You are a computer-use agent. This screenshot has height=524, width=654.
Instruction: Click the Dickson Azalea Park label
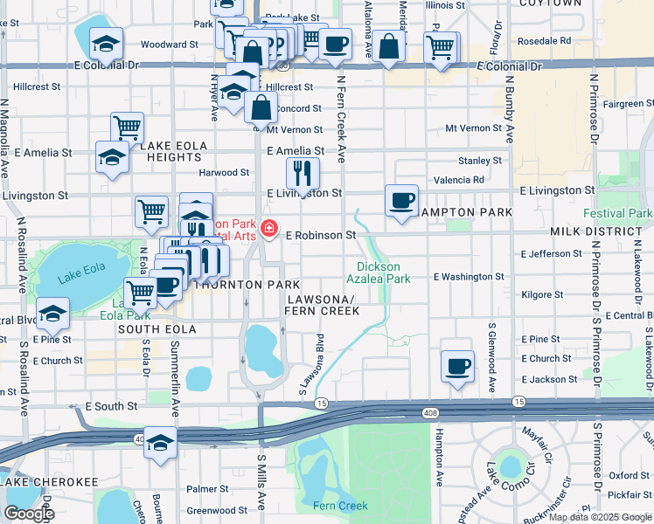click(383, 272)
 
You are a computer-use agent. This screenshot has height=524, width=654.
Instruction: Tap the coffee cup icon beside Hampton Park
click(401, 202)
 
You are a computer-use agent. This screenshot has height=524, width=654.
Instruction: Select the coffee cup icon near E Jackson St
click(457, 367)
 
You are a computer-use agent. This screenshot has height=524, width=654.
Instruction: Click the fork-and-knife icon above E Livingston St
click(303, 175)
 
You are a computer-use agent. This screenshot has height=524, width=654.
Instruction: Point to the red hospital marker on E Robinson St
click(270, 230)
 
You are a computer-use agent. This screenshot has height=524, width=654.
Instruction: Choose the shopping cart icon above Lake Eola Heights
click(128, 128)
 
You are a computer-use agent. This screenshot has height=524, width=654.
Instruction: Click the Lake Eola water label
click(80, 279)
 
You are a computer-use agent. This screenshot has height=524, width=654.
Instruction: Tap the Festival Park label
click(617, 213)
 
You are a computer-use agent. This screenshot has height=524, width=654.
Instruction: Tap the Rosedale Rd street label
click(544, 40)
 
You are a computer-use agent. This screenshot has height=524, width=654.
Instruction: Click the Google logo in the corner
click(29, 514)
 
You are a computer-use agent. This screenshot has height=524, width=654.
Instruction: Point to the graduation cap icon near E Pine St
click(53, 315)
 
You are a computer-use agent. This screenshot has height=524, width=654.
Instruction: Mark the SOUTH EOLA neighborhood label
click(154, 329)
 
